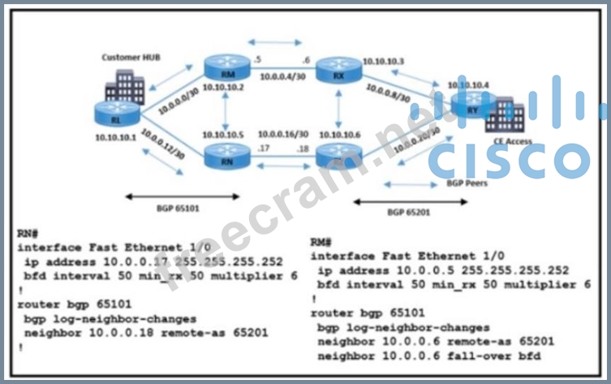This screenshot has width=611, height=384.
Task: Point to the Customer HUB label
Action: tap(127, 58)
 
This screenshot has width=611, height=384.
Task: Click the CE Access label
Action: tap(510, 141)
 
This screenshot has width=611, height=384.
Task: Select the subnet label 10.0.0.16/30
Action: tap(283, 133)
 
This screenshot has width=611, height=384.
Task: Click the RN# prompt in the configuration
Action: tap(26, 233)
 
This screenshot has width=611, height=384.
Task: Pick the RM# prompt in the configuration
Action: tap(321, 242)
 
